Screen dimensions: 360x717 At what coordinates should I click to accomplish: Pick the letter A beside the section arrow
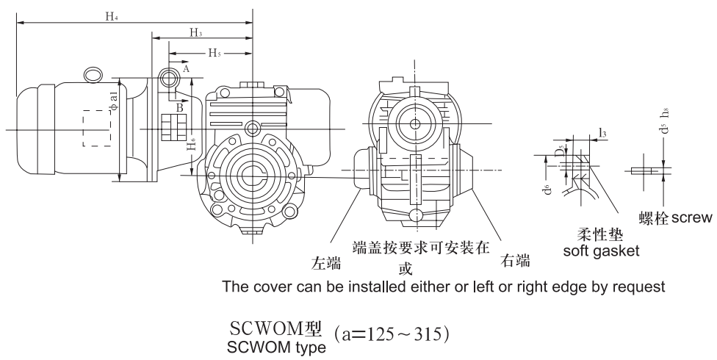pos(186,68)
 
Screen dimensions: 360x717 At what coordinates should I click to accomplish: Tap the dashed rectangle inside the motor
pos(96,129)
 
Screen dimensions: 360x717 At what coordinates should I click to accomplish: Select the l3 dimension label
pos(602,132)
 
